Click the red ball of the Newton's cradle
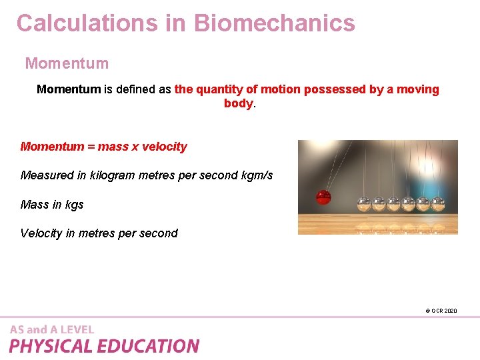[x=323, y=198]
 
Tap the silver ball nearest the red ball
[x=364, y=203]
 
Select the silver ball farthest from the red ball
[x=438, y=203]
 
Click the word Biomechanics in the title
[x=275, y=23]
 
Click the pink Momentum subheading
[x=67, y=64]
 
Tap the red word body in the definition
[x=238, y=104]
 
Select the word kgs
[x=74, y=205]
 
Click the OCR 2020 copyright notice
[x=441, y=311]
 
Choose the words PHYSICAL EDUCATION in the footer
[x=104, y=346]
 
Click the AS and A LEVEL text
[x=52, y=329]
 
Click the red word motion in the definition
[x=282, y=89]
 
